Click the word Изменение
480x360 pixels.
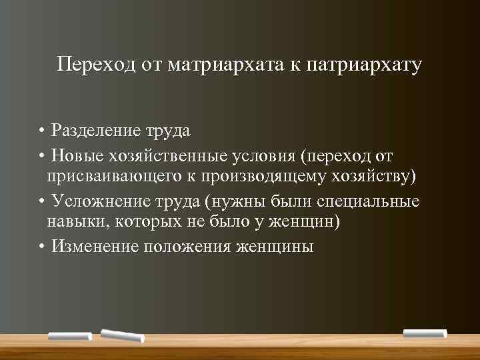tap(95, 247)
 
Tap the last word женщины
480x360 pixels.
tap(273, 247)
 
